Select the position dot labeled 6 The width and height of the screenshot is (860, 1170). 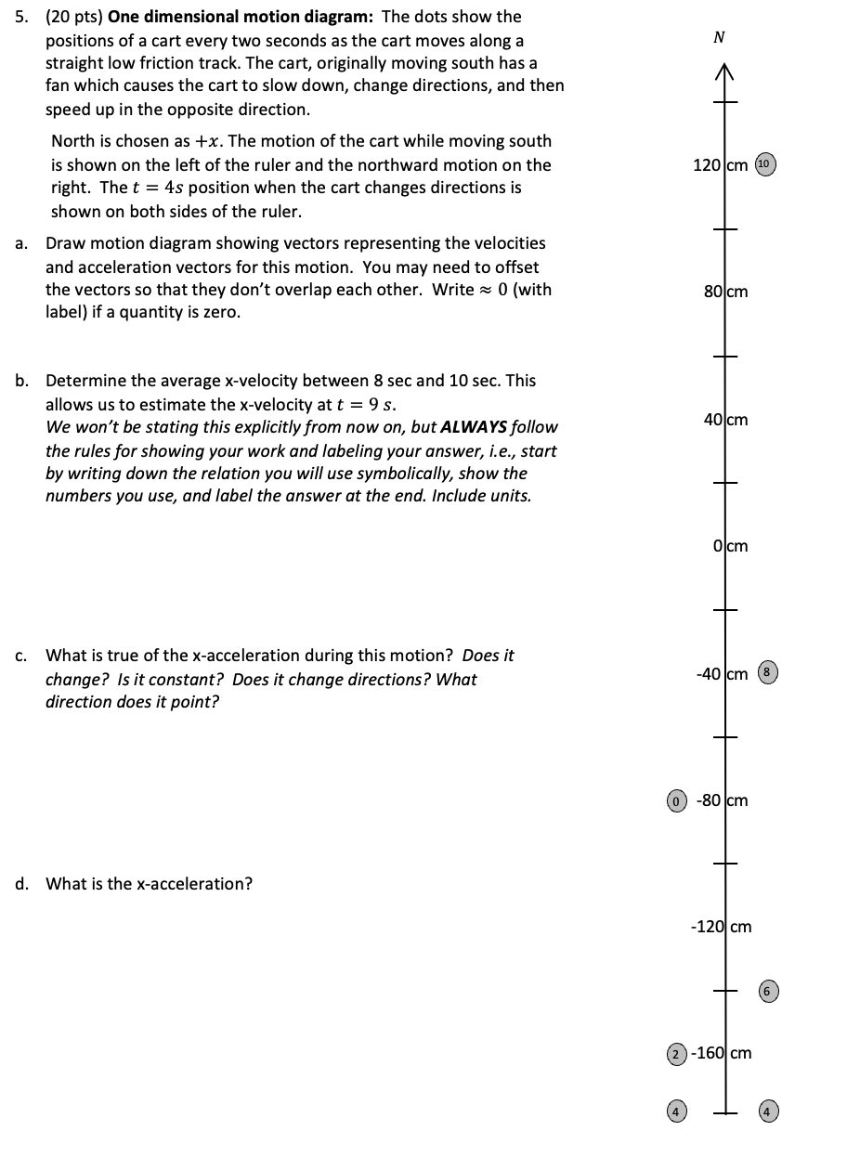[767, 992]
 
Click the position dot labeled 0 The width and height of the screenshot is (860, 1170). [678, 800]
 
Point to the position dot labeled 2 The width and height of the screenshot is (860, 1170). [678, 1054]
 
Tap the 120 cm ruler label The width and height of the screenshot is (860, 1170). [720, 165]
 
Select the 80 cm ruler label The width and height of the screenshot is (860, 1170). [725, 292]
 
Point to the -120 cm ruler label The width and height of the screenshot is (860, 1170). [721, 927]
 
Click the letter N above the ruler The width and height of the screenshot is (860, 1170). [718, 38]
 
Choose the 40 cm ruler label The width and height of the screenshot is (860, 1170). [725, 420]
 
